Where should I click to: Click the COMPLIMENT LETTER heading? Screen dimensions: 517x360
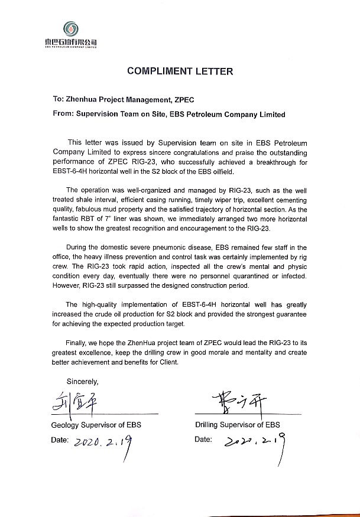[x=180, y=71]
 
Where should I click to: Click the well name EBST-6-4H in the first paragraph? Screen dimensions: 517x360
[x=69, y=171]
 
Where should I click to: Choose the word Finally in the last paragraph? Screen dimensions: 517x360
[x=80, y=343]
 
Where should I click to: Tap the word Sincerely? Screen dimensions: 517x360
[x=83, y=381]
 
